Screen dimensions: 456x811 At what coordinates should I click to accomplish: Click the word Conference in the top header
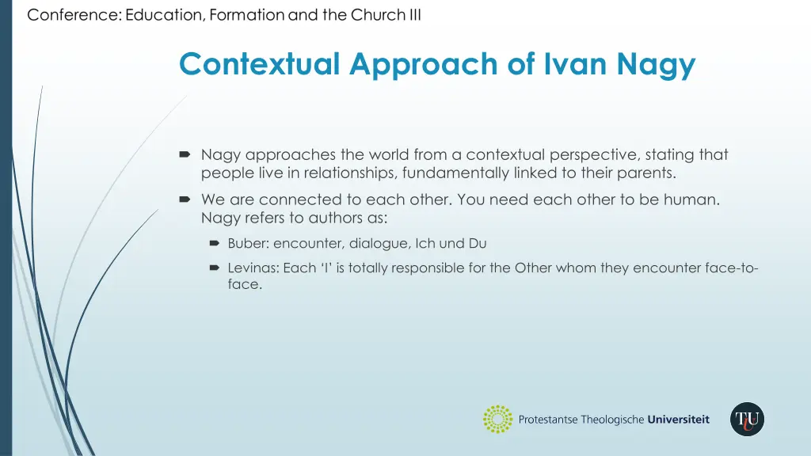click(x=73, y=15)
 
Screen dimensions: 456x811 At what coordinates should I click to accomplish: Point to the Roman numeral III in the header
click(x=414, y=15)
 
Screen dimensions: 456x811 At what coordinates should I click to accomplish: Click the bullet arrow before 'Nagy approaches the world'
click(x=185, y=155)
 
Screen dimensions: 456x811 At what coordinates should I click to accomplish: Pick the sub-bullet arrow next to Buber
click(x=214, y=244)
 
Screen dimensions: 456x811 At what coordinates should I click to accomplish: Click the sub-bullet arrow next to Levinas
click(x=214, y=268)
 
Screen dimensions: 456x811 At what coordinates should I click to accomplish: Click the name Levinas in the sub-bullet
click(x=253, y=268)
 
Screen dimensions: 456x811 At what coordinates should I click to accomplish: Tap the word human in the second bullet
click(x=695, y=199)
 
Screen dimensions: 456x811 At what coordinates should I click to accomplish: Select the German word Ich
click(x=427, y=244)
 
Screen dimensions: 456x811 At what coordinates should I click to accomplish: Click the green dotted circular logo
click(x=497, y=419)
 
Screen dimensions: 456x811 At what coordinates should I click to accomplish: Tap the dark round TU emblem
click(x=747, y=419)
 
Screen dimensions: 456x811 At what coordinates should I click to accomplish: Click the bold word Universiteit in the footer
click(x=678, y=420)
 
